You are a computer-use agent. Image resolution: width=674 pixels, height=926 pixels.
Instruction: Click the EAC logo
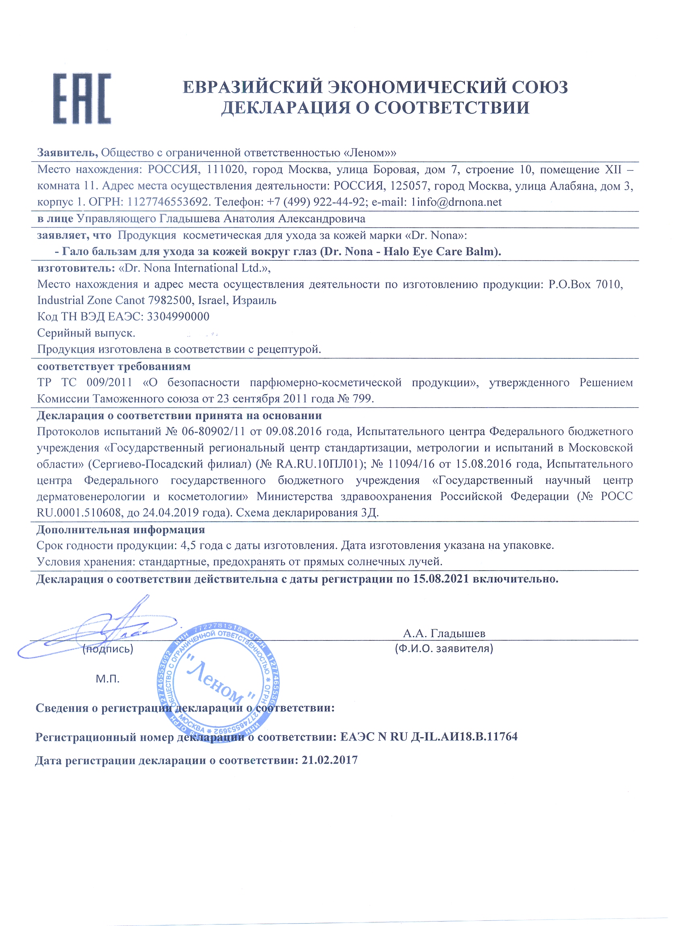tap(82, 99)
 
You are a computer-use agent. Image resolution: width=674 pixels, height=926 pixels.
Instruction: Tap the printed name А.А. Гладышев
tap(444, 634)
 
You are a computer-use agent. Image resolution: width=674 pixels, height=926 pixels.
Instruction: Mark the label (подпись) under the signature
tap(108, 649)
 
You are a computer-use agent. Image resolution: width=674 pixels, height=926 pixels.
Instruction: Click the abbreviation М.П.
tap(108, 679)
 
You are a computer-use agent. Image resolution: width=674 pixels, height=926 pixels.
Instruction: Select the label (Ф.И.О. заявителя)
tap(444, 649)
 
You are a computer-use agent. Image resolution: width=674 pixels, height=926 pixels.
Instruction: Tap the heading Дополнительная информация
tap(121, 530)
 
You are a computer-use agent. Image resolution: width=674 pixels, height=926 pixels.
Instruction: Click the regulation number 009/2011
tap(109, 383)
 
